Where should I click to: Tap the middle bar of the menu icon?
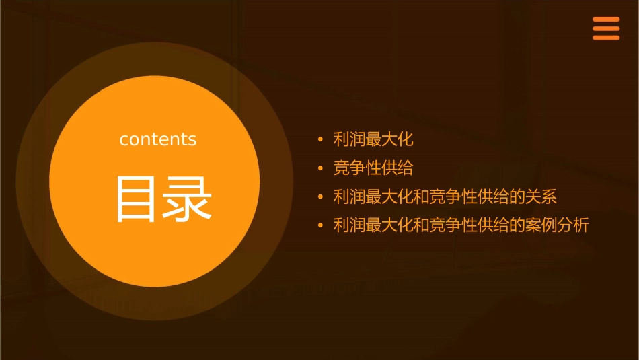pyautogui.click(x=605, y=29)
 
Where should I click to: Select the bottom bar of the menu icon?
pyautogui.click(x=605, y=38)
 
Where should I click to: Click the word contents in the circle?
pyautogui.click(x=158, y=139)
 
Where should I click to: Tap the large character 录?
pyautogui.click(x=187, y=199)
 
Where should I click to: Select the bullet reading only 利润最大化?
pyautogui.click(x=373, y=140)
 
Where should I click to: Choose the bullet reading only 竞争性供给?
pyautogui.click(x=373, y=168)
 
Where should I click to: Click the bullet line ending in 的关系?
pyautogui.click(x=445, y=197)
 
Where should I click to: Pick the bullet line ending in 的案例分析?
pyautogui.click(x=461, y=225)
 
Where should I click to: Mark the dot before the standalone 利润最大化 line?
pyautogui.click(x=321, y=141)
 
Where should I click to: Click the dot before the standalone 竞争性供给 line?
pyautogui.click(x=321, y=169)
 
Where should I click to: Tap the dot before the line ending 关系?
pyautogui.click(x=321, y=198)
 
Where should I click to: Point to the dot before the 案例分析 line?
pyautogui.click(x=321, y=226)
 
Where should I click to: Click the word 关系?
pyautogui.click(x=541, y=197)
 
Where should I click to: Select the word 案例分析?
pyautogui.click(x=557, y=225)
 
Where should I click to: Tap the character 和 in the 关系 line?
pyautogui.click(x=421, y=197)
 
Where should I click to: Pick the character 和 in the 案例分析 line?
pyautogui.click(x=421, y=225)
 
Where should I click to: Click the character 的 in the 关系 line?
pyautogui.click(x=517, y=197)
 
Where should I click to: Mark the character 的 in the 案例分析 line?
pyautogui.click(x=517, y=225)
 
